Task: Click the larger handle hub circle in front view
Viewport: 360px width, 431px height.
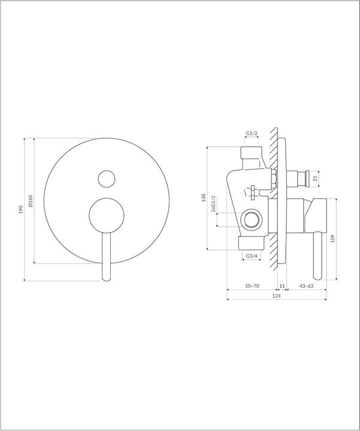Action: (x=107, y=215)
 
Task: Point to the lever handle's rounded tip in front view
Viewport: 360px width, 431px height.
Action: (x=107, y=277)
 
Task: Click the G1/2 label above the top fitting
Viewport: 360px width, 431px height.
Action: (x=252, y=133)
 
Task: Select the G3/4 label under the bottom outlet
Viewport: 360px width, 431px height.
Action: (x=252, y=256)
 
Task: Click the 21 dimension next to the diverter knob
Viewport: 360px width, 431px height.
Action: (x=316, y=178)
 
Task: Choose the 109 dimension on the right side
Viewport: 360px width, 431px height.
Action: (x=333, y=238)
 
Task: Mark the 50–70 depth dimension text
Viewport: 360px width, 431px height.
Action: (x=253, y=286)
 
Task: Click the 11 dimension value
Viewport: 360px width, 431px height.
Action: (x=282, y=286)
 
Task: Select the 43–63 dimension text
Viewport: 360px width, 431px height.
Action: (x=306, y=286)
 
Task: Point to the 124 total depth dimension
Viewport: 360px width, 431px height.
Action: (x=276, y=296)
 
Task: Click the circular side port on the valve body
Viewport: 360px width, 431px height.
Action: (x=252, y=218)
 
